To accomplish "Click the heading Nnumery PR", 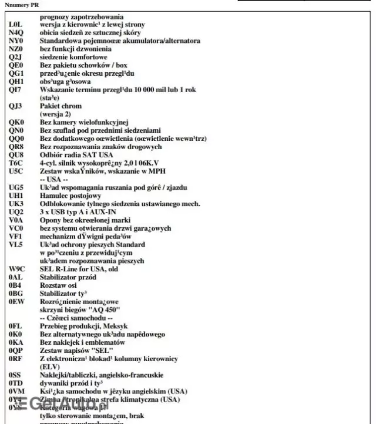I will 21,5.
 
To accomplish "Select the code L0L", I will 16,25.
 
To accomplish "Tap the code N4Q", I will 16,33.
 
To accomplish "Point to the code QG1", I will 16,73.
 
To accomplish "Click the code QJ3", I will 16,106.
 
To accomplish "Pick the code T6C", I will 16,162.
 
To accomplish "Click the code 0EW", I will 16,300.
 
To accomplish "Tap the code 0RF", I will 16,358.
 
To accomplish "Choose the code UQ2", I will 16,211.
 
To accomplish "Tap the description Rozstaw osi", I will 59,284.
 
